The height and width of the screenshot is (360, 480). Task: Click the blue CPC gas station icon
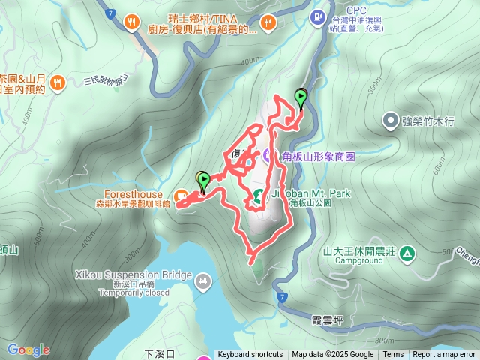pos(318,16)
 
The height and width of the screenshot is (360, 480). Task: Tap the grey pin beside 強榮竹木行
pos(390,120)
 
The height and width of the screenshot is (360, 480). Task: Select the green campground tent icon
pos(407,253)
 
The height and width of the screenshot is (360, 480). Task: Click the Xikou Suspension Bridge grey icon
pos(202,281)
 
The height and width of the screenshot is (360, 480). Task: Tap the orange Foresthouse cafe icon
pos(181,197)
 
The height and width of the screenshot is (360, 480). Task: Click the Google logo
pos(28,349)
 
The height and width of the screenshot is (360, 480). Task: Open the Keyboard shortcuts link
pos(250,355)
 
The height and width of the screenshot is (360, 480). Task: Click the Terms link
pos(393,355)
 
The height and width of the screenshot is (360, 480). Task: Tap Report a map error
pos(445,355)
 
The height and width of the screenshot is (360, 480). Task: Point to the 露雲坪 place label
pos(328,320)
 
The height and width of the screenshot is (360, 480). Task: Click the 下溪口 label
pos(159,352)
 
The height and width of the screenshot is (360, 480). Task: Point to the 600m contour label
pos(436,170)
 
